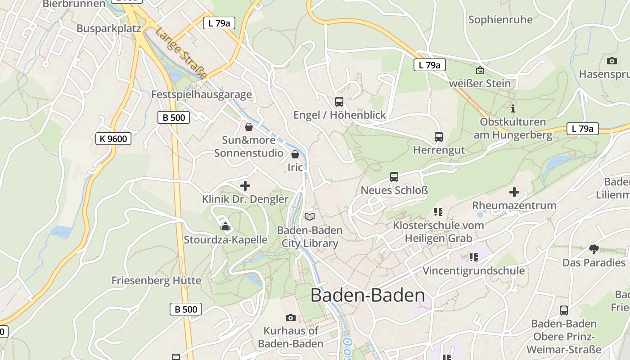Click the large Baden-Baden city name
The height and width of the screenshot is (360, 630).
(x=368, y=295)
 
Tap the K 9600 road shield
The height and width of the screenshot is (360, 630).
(x=113, y=139)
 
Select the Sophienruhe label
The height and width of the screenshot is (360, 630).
(x=500, y=19)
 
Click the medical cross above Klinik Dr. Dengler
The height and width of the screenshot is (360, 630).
(x=245, y=185)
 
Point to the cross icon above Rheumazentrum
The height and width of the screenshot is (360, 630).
(x=514, y=192)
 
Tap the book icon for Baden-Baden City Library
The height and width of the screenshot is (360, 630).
(x=310, y=216)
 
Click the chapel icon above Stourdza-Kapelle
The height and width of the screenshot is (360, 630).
(x=225, y=227)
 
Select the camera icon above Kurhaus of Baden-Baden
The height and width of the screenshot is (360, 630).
(x=291, y=318)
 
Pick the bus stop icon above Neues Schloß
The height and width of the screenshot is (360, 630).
(x=394, y=177)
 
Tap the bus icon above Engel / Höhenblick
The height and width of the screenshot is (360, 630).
(x=339, y=102)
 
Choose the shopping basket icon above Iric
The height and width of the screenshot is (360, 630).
(x=295, y=154)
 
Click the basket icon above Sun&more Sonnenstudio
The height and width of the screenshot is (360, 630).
(x=248, y=127)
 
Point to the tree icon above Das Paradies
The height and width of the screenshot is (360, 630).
(x=594, y=249)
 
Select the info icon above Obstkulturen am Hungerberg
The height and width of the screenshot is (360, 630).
(x=513, y=108)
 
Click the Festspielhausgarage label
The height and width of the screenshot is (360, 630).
(x=202, y=94)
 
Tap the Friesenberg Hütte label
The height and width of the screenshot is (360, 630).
(x=156, y=280)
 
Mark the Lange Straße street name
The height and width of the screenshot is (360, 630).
(x=181, y=53)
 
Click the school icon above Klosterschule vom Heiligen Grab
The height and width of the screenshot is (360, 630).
(x=438, y=211)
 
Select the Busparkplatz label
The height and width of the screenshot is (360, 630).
(x=109, y=28)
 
